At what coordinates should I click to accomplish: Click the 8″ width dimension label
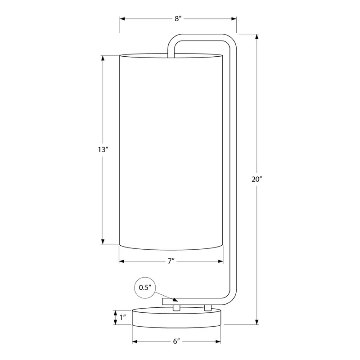click(x=178, y=18)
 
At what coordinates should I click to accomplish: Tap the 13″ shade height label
click(x=103, y=150)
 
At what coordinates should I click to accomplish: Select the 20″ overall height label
click(x=256, y=179)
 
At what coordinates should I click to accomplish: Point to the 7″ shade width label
click(x=171, y=261)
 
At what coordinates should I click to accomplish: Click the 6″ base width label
click(x=176, y=342)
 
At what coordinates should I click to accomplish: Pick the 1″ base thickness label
click(x=123, y=318)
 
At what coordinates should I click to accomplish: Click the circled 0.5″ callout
click(x=145, y=288)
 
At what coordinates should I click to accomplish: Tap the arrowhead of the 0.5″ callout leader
click(x=175, y=300)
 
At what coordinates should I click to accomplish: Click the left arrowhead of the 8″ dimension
click(x=122, y=18)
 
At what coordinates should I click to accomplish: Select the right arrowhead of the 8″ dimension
click(x=234, y=18)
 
